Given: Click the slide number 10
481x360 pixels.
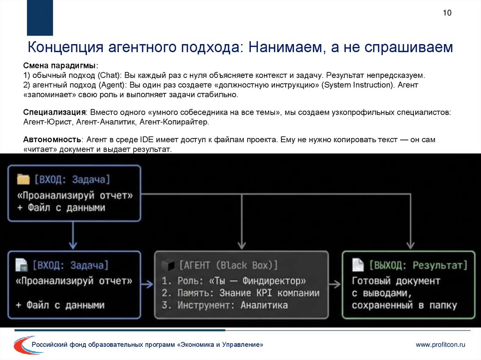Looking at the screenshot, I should click(x=447, y=13).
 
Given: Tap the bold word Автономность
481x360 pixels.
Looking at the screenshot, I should click(x=52, y=140).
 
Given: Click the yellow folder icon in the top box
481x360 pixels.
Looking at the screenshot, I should click(x=23, y=179).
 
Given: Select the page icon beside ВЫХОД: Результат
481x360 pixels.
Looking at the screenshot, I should click(x=358, y=265).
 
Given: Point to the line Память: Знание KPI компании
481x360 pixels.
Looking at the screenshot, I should click(x=240, y=293).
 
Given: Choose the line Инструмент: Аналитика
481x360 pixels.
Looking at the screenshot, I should click(x=225, y=306).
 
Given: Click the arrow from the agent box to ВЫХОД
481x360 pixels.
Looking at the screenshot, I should click(x=334, y=285).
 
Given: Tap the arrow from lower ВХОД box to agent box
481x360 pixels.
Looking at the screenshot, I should click(x=147, y=285).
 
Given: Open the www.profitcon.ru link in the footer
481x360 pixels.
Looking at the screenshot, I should click(x=440, y=345).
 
